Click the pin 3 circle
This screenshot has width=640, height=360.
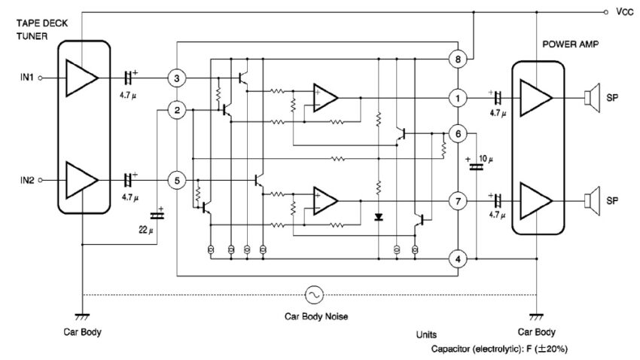(175, 78)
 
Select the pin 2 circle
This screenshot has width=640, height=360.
(175, 111)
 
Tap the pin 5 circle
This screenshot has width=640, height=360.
(175, 181)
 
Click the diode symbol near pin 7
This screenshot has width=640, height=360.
(378, 217)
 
